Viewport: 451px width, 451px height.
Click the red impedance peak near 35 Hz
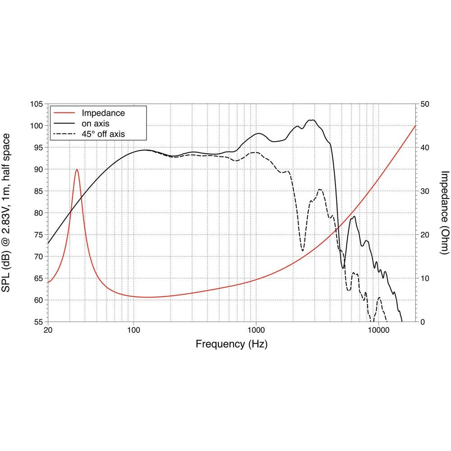point(77,170)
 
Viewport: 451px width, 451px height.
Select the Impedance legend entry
point(103,113)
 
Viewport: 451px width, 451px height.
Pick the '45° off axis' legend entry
point(103,133)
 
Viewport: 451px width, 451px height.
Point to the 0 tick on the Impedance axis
point(422,322)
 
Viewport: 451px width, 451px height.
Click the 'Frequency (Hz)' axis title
point(231,345)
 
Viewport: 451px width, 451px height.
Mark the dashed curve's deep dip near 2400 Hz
point(302,250)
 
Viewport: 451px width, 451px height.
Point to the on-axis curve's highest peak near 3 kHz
point(311,120)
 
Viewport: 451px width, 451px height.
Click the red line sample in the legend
point(64,113)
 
